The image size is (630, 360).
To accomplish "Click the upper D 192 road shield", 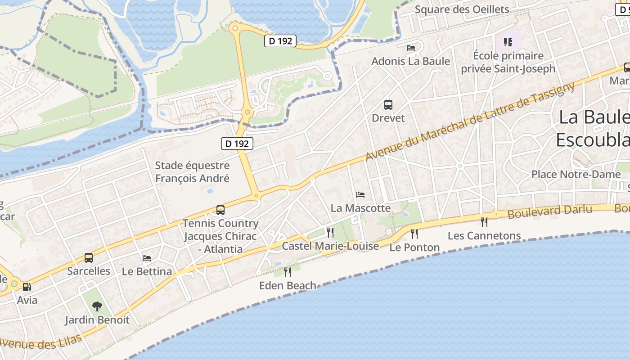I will coord(280,41).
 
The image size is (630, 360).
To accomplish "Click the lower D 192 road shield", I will coord(237,144).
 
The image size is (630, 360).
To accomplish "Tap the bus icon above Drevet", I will coord(388,105).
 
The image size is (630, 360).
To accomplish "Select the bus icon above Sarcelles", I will coord(89,258).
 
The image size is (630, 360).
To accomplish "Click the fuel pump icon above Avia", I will coord(27,287).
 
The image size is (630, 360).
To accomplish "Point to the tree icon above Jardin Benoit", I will coord(97,307).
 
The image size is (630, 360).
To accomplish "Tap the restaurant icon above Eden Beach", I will coord(288,272).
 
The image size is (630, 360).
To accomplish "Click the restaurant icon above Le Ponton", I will coord(414,234).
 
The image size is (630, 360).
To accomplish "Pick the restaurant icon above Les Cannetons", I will coord(484,222).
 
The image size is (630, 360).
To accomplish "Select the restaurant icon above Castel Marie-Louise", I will coord(330,232).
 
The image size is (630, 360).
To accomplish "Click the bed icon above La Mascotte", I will coord(360,195).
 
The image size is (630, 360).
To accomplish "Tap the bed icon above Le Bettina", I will coord(147,258).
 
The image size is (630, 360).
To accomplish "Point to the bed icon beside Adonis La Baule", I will coord(411,48).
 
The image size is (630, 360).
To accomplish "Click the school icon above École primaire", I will coord(508,42).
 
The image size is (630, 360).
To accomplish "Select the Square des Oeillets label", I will coord(462,9).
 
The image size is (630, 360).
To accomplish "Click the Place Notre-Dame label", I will coord(570,174).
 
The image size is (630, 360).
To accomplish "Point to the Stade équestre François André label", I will coord(192,172).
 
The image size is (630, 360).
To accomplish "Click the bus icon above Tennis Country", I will coord(220,210).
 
